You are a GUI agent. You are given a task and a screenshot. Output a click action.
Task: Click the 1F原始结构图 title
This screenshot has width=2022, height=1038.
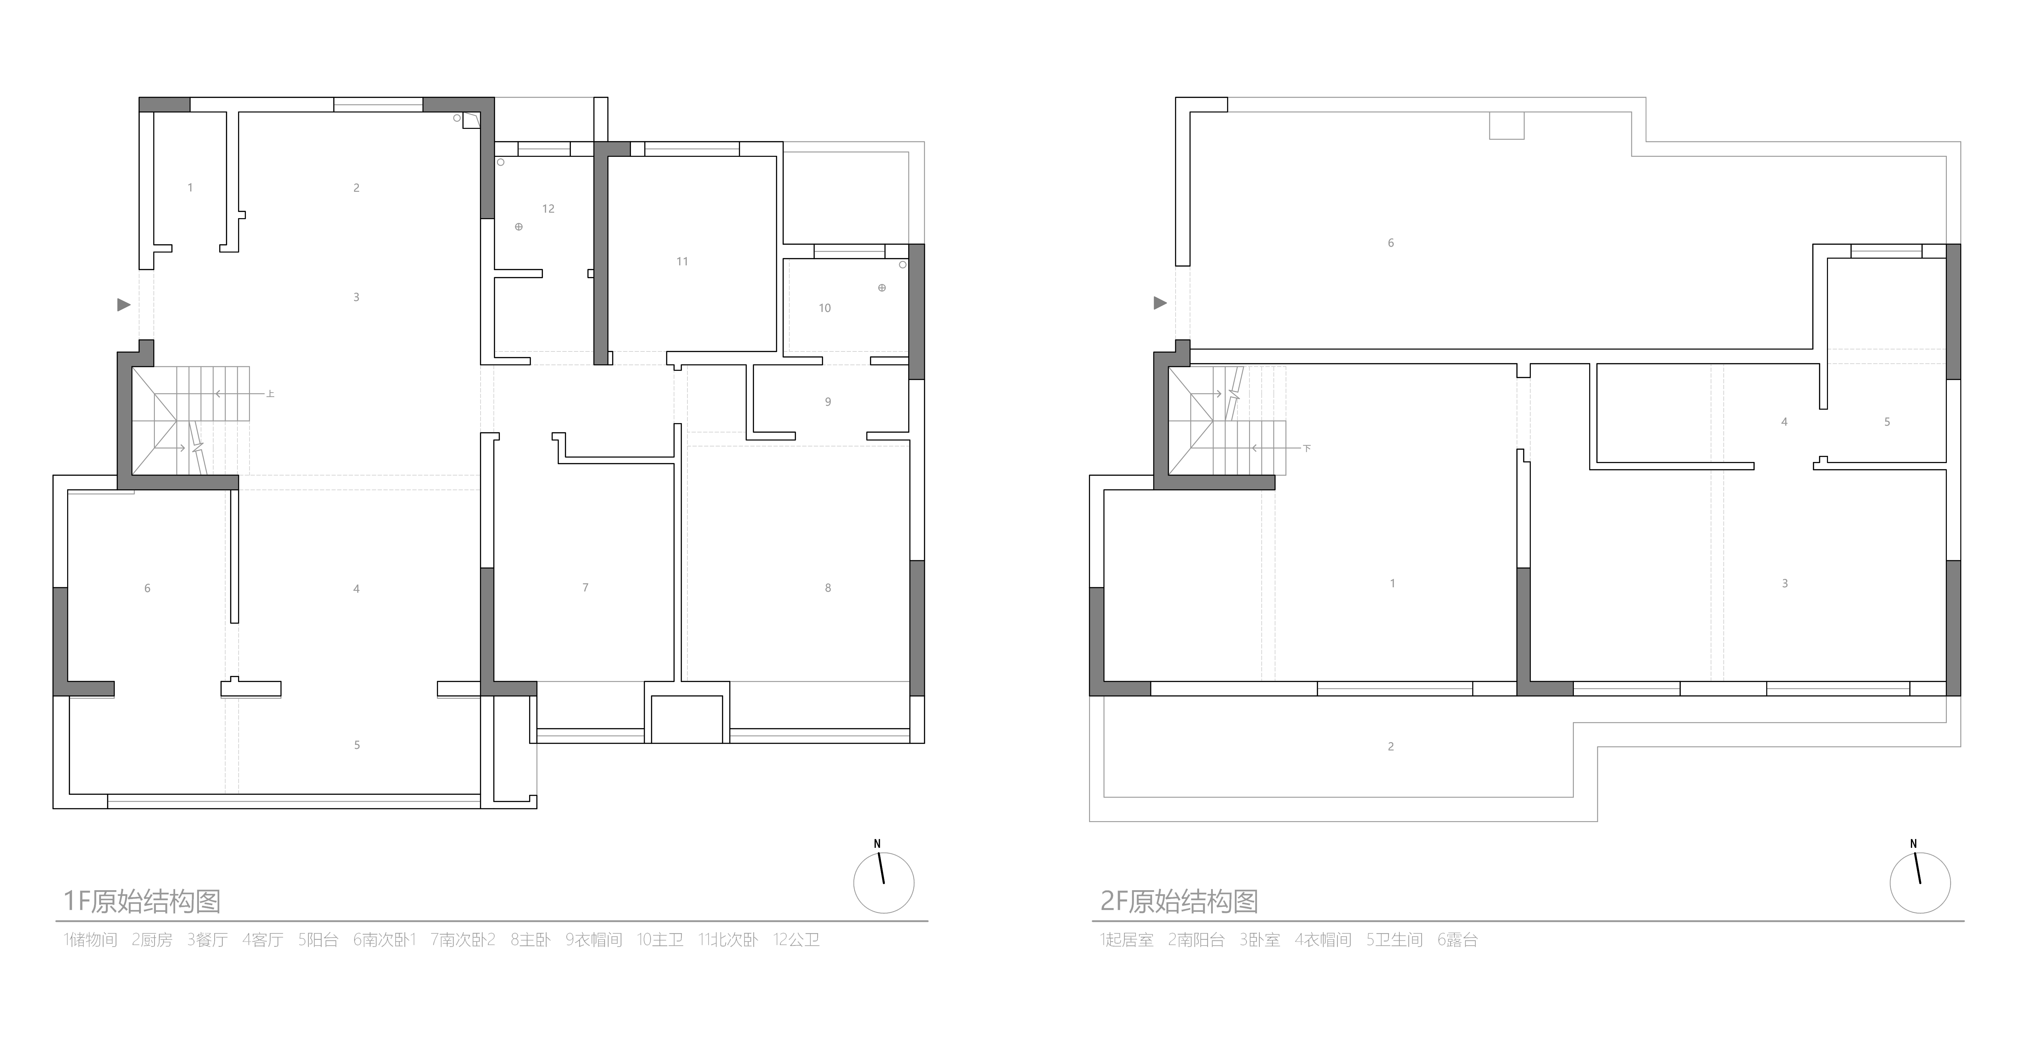point(142,900)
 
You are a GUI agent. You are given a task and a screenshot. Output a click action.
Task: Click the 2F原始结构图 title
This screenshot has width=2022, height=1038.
point(1179,900)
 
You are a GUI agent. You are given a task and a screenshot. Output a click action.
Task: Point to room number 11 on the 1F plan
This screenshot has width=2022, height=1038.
point(682,262)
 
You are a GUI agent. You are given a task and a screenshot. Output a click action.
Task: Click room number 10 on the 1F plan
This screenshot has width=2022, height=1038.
point(824,308)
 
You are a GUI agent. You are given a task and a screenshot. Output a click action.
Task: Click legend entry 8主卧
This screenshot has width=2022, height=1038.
point(531,940)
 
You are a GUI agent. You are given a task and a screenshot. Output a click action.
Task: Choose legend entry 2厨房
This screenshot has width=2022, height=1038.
point(152,940)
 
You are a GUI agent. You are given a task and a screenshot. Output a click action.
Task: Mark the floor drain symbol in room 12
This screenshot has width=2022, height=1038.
point(519,227)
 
